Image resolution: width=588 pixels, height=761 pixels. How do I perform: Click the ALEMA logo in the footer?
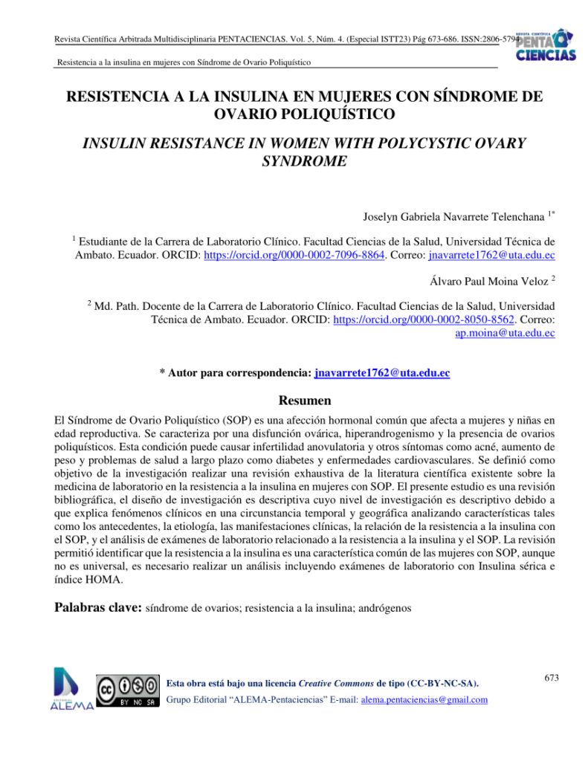coord(72,688)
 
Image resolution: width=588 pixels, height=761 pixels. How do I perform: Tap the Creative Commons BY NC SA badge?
coord(127,690)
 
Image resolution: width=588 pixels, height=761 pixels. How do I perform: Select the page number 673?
coord(549,676)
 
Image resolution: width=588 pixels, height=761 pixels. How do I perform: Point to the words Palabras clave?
coord(97,607)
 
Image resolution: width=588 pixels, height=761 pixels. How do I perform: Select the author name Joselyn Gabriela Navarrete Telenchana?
coord(452,217)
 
